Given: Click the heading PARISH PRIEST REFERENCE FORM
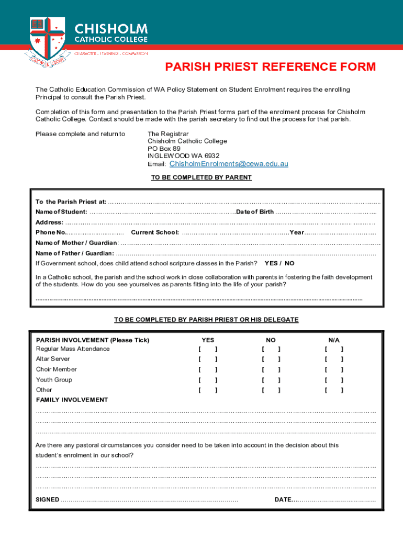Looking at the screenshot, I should coord(271,67).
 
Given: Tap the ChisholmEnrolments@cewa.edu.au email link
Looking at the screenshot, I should coord(229,164).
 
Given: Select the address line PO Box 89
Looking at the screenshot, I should coord(164,149).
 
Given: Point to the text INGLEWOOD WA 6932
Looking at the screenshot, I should coord(183,156).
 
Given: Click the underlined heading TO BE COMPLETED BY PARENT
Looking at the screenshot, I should coord(201,177).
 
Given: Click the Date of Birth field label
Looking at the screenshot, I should coord(255,212).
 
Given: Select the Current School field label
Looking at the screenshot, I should coord(155,232).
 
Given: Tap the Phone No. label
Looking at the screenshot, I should coord(51,232).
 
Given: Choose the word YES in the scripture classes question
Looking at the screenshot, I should coord(271,263).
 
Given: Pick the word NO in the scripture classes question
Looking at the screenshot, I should coord(289,263).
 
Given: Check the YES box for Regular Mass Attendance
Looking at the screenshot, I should coord(208,349).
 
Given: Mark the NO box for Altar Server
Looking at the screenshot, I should coord(271,359).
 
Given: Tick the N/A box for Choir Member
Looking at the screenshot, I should coord(334,370).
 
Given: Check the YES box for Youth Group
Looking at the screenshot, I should coord(208,380).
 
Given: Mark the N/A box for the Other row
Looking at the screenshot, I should coord(334,390).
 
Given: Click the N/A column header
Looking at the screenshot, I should coord(334,340).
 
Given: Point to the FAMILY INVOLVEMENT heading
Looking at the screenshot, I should coord(72,400).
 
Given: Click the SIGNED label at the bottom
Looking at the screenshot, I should coord(47,499).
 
